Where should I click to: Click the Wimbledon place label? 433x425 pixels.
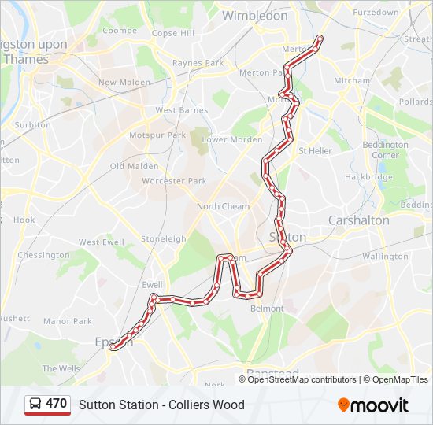coord(254,16)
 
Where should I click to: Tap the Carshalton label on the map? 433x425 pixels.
coord(358,220)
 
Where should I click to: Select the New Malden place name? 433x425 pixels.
coord(118,83)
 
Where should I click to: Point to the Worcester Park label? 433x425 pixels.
coord(173,181)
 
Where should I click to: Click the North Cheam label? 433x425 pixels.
coord(223,207)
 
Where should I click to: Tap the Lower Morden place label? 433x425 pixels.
coord(232,139)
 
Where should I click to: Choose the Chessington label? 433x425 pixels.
coord(43,256)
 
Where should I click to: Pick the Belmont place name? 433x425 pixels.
coord(267,309)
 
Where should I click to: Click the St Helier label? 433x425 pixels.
coord(315,150)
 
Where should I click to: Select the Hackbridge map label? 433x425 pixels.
coord(368,177)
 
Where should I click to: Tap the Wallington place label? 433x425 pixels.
coord(386,257)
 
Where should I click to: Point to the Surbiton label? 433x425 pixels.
coord(33,125)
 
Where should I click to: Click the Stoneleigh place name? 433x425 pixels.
coord(163,238)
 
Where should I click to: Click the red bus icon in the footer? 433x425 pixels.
coord(35,405)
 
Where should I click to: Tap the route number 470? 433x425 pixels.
coord(56,404)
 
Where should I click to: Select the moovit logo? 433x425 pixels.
coord(373,405)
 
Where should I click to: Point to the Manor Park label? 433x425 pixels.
coord(68,321)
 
